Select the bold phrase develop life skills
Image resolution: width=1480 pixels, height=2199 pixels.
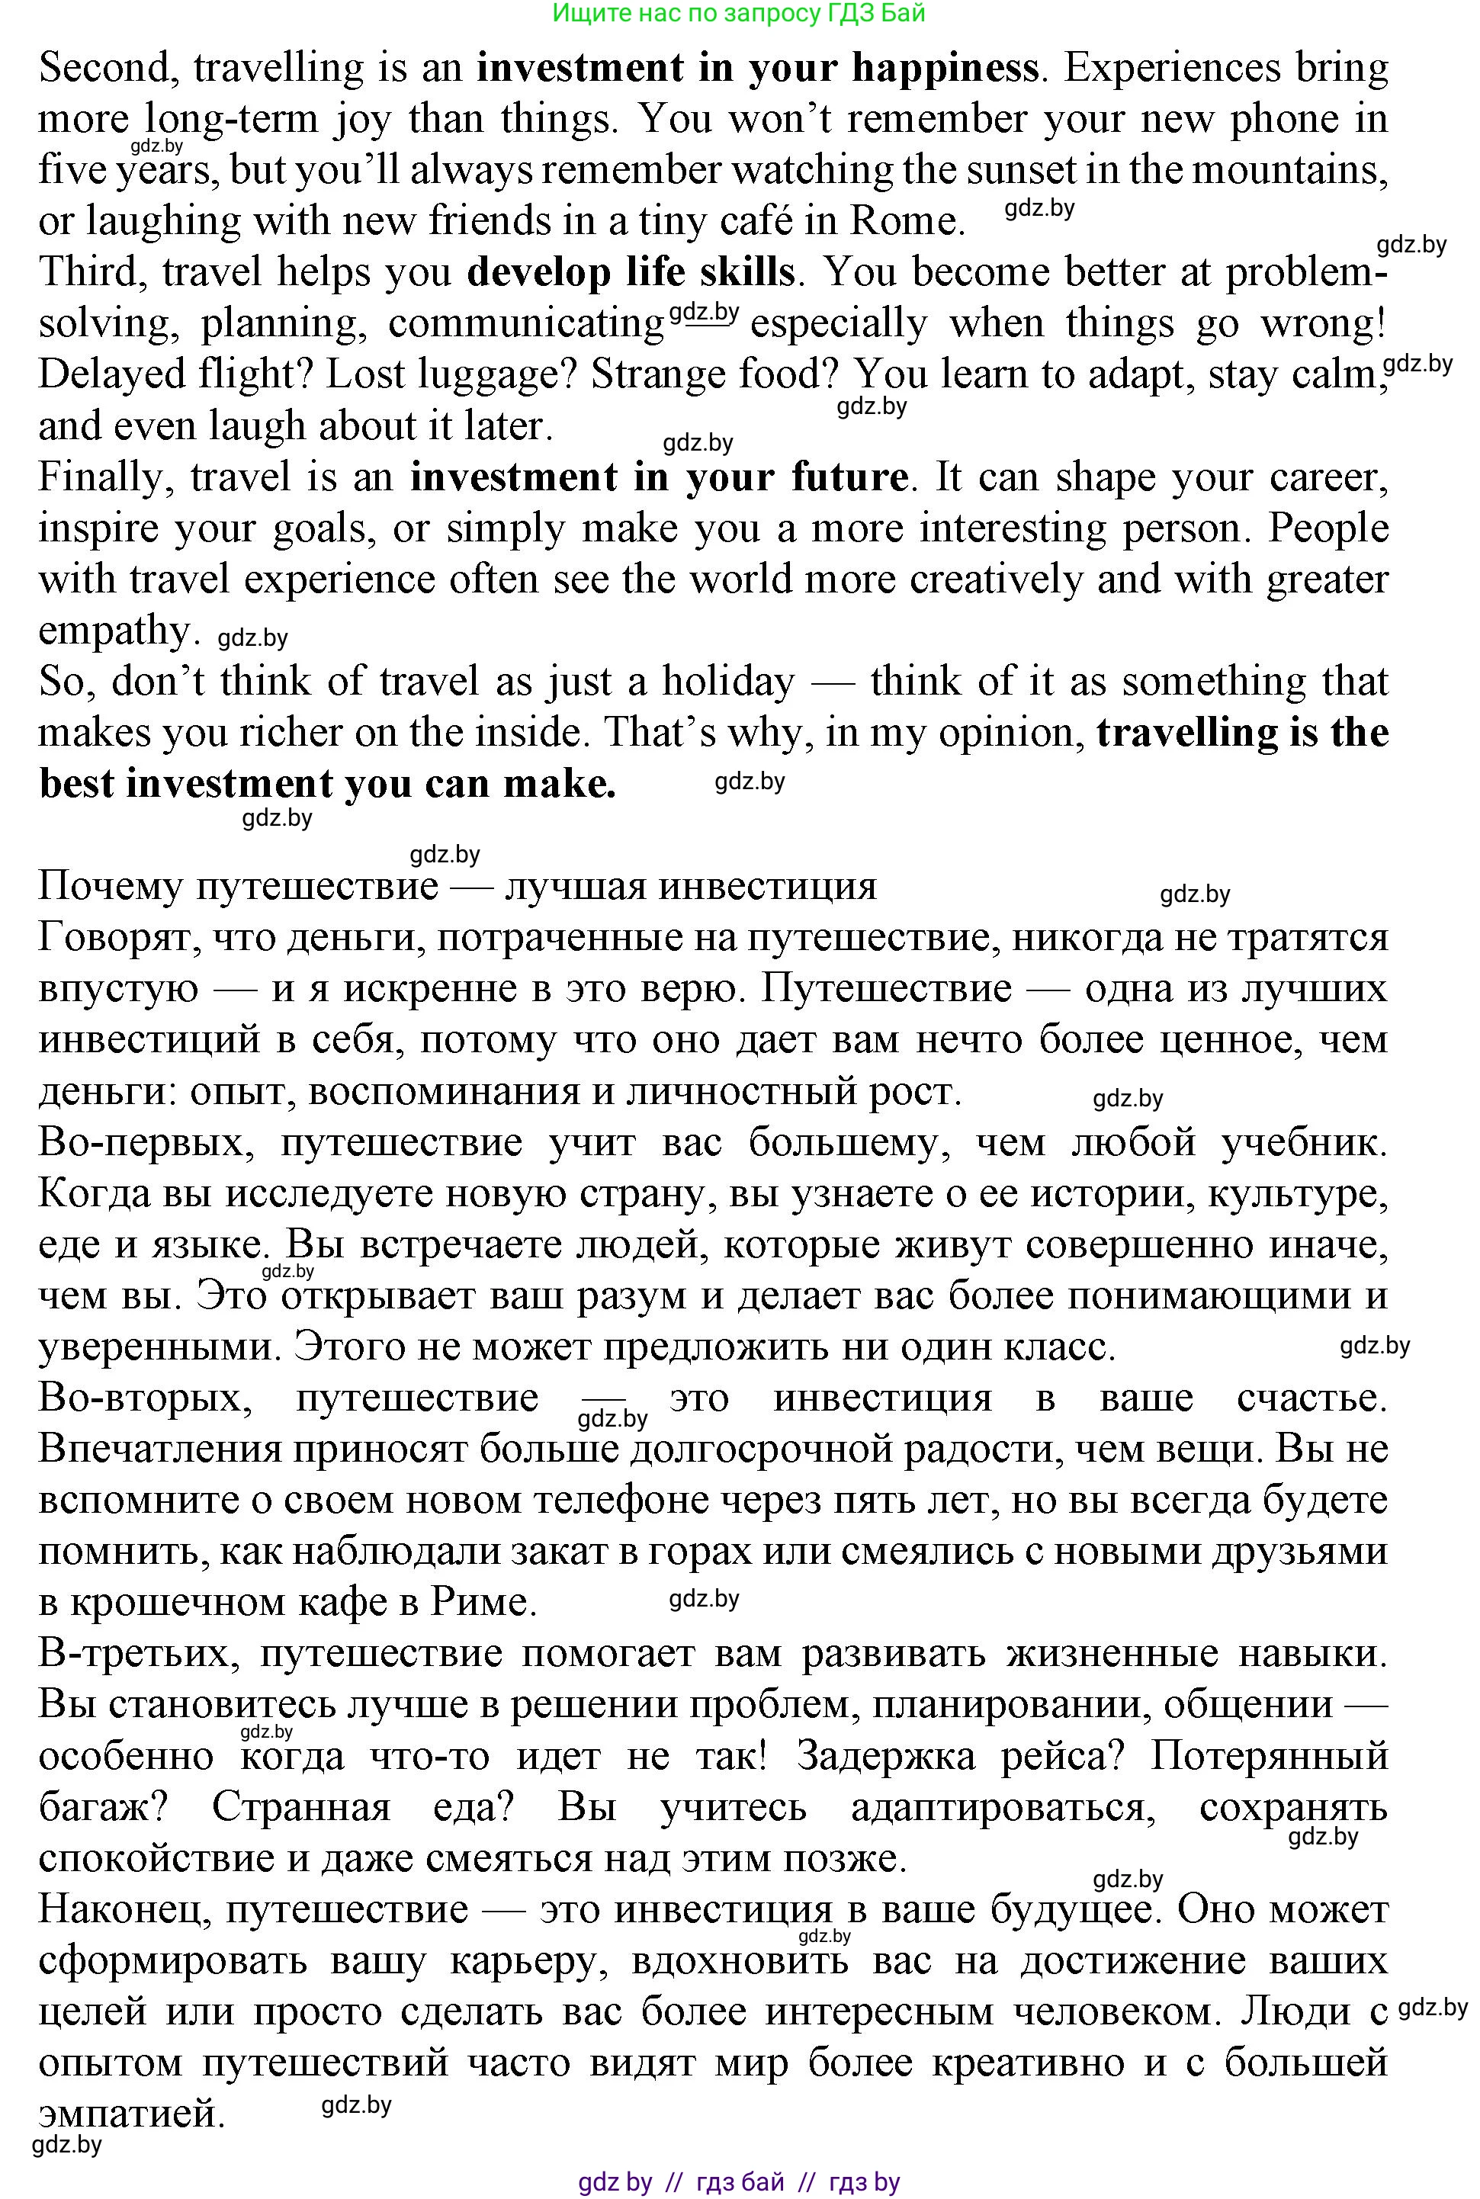coord(631,271)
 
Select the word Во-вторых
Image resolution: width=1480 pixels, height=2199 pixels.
coord(144,1398)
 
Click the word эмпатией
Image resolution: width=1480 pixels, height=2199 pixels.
coord(131,2112)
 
